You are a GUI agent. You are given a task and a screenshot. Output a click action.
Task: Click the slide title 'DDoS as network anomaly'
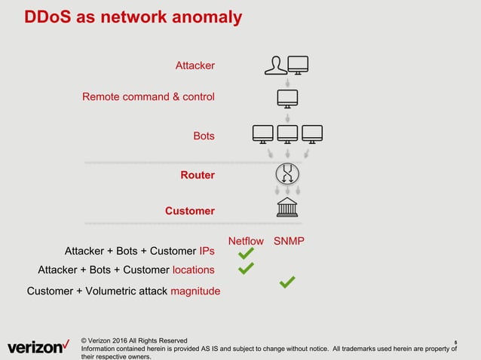click(133, 17)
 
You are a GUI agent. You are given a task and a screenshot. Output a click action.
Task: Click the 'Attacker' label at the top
click(195, 66)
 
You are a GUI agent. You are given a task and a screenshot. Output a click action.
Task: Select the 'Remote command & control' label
click(148, 97)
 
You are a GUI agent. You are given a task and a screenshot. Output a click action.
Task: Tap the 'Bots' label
click(204, 136)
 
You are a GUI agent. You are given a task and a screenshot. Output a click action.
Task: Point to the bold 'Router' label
click(198, 175)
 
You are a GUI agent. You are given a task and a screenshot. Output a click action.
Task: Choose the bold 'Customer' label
click(190, 211)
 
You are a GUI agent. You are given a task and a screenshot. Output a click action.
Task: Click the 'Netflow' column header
click(246, 241)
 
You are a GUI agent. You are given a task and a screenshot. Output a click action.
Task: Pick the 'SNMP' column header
click(289, 241)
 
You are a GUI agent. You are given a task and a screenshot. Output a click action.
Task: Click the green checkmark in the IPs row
click(245, 255)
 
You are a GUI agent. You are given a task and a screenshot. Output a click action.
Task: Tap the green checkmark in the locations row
click(246, 267)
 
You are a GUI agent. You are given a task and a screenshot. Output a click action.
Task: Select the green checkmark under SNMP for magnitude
click(286, 282)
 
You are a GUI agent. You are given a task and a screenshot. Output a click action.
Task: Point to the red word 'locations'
click(193, 270)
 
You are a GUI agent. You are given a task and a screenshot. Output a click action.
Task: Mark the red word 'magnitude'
click(195, 291)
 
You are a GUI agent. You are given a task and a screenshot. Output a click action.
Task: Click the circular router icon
click(287, 173)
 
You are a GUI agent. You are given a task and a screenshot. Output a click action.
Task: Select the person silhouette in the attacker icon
click(274, 66)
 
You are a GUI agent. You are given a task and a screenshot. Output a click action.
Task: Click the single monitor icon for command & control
click(287, 98)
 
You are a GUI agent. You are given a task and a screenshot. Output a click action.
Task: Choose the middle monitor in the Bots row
click(287, 134)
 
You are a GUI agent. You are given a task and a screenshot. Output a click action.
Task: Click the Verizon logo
click(38, 347)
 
